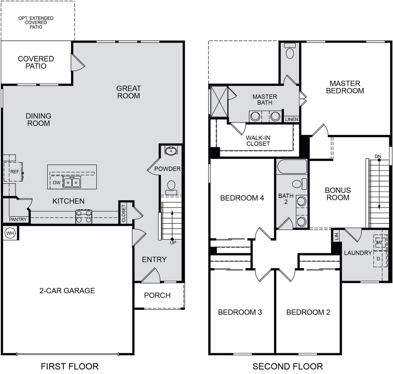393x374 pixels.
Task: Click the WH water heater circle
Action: click(x=10, y=233)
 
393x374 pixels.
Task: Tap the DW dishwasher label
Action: click(x=57, y=183)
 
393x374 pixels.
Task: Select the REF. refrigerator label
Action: click(x=15, y=172)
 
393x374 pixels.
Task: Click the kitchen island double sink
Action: click(x=72, y=182)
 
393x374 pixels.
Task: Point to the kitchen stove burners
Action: click(x=84, y=217)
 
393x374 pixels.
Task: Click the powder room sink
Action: click(x=171, y=150)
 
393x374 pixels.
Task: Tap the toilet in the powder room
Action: click(x=171, y=187)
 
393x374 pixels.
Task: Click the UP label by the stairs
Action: click(x=173, y=243)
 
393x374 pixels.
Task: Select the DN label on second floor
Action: click(x=378, y=156)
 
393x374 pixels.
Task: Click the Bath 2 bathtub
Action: click(x=292, y=166)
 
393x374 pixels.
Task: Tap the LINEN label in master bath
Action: click(x=292, y=119)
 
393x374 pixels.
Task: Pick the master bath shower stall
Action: click(x=219, y=101)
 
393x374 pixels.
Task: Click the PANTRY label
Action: click(x=18, y=220)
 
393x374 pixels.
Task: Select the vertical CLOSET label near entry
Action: click(x=124, y=213)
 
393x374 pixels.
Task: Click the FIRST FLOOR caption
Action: click(x=70, y=367)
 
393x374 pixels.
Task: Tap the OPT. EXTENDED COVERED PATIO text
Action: click(x=36, y=23)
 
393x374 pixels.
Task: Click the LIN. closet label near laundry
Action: click(x=337, y=236)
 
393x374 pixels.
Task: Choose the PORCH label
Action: click(x=157, y=295)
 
